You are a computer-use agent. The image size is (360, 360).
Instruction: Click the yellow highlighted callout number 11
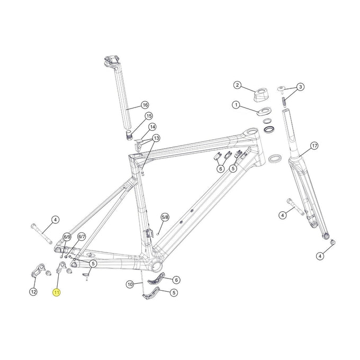point(57,292)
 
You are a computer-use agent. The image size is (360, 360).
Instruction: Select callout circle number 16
point(145,105)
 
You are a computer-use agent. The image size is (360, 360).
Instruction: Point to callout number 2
point(237,85)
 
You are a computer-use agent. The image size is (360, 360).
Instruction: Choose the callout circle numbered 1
point(236,105)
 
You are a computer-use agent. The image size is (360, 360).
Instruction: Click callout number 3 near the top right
point(300,87)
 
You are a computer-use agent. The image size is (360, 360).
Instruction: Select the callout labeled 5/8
point(165,217)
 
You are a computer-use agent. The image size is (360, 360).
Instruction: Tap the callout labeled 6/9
point(67,237)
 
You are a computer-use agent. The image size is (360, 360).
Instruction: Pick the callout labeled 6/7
point(82,237)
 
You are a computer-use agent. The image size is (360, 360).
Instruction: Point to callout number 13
point(156,138)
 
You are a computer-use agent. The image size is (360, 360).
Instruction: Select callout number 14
point(152,127)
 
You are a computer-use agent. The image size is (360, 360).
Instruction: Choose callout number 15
point(148,116)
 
